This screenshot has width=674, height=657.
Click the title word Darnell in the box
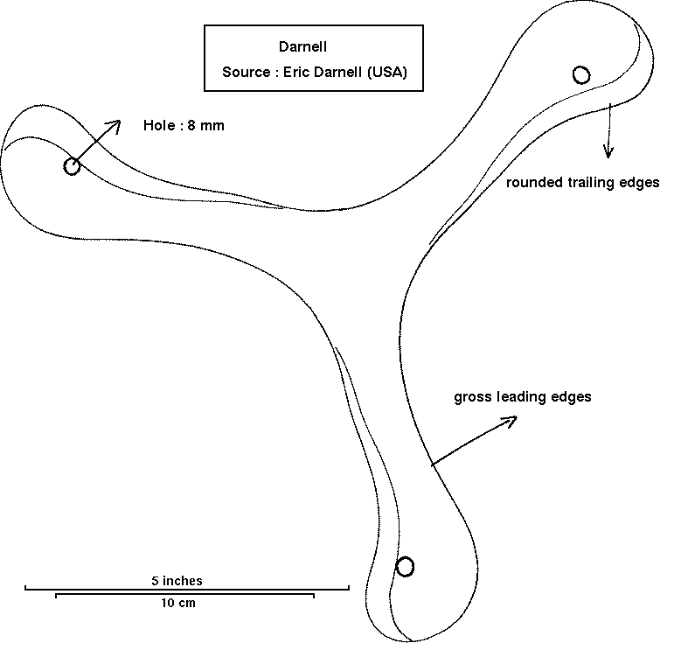[x=302, y=46]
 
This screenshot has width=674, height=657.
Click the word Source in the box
[x=245, y=73]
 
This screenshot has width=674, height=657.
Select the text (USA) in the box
[x=386, y=73]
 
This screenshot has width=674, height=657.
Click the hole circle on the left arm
[x=72, y=166]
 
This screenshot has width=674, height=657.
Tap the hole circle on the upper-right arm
[x=581, y=74]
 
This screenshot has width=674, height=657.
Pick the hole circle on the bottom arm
[x=405, y=567]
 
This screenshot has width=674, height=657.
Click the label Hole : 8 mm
[x=184, y=126]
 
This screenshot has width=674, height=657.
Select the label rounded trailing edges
[x=583, y=183]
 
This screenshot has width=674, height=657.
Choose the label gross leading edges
[x=523, y=397]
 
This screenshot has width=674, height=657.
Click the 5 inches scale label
[x=177, y=580]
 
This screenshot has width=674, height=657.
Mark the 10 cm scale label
[x=177, y=604]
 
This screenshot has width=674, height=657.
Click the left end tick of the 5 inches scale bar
[x=25, y=589]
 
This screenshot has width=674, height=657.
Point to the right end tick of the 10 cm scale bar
[x=313, y=596]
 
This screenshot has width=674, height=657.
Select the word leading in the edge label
[x=521, y=397]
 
